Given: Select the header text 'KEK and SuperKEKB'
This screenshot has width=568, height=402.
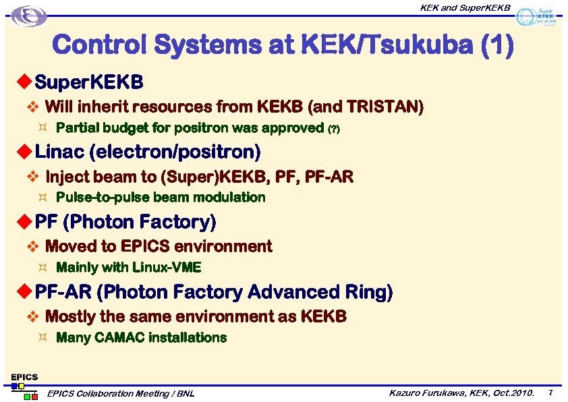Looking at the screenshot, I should click(465, 7).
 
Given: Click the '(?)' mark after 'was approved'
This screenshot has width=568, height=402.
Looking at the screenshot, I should click(333, 129).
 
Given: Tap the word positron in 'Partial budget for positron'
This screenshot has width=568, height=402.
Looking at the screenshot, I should click(202, 128).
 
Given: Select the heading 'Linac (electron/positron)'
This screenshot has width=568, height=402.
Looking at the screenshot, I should click(148, 151).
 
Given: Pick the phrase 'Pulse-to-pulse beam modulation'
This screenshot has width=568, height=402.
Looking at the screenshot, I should click(161, 198).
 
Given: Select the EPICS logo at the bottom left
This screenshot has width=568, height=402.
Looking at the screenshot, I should click(24, 385).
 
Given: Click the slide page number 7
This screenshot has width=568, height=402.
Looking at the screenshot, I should click(550, 393).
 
